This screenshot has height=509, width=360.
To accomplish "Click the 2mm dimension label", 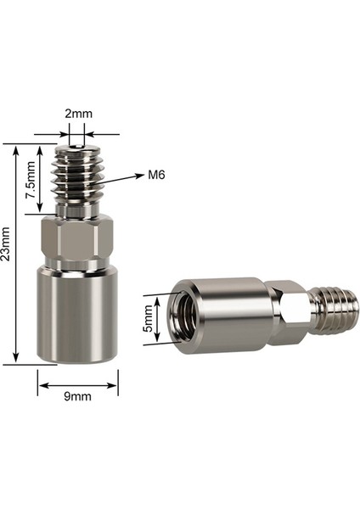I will tap(77, 112).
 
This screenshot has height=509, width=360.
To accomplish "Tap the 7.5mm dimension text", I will tap(30, 182).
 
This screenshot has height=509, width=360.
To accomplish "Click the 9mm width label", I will tap(77, 395).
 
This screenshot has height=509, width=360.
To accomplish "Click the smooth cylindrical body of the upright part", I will tap(77, 314).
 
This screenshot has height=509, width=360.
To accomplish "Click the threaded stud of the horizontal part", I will tap(335, 308).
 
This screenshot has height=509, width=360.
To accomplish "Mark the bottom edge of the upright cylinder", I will tap(77, 362).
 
